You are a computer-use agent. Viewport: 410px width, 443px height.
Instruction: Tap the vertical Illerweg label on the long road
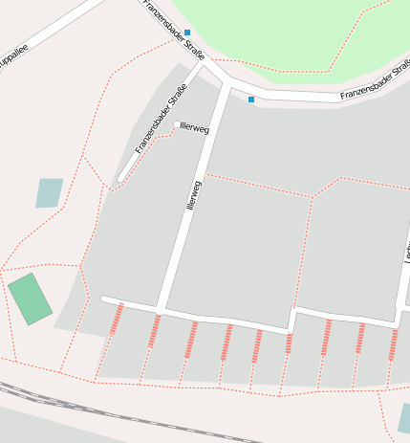tap(195, 195)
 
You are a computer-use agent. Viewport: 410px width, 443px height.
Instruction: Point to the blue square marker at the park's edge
tap(187, 33)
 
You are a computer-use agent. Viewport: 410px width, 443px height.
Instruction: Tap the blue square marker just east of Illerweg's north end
tap(251, 100)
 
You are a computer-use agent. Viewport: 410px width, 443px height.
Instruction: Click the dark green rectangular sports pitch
tap(31, 299)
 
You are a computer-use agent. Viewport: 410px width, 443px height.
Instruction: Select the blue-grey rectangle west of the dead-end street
tap(49, 193)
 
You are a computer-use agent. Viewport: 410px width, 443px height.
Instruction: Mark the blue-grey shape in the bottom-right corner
tap(404, 417)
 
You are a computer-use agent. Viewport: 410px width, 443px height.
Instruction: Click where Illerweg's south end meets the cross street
tap(161, 308)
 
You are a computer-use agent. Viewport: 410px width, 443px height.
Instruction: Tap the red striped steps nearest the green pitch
tap(117, 318)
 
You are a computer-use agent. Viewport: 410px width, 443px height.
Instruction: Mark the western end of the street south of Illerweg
tap(104, 299)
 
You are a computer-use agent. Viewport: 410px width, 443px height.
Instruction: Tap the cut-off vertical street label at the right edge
tap(406, 251)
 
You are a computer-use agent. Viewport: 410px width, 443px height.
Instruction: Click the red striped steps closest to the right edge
tap(393, 343)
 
